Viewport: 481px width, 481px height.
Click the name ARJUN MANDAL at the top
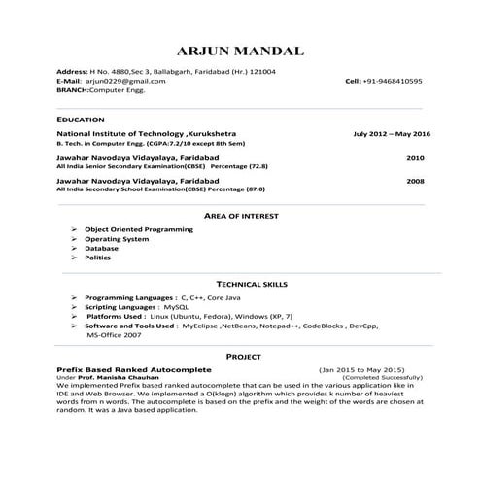[x=240, y=50]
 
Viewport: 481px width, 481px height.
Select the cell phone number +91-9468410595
[x=392, y=81]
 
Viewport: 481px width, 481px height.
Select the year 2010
[x=415, y=156]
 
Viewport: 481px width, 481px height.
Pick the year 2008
[x=415, y=181]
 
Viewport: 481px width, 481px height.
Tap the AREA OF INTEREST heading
[x=240, y=214]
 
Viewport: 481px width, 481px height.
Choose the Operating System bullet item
[x=117, y=238]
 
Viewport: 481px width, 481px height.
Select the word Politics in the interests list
[x=98, y=258]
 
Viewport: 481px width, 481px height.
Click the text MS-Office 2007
[x=113, y=334]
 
